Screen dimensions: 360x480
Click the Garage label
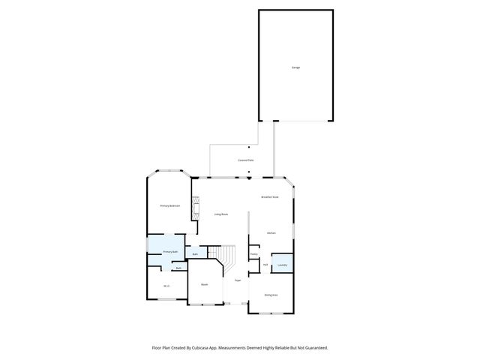(x=295, y=67)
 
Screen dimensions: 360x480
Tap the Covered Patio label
(x=245, y=160)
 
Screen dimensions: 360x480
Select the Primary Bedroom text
(x=169, y=205)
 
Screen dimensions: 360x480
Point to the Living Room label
(x=220, y=214)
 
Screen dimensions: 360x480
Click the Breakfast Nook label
(x=270, y=196)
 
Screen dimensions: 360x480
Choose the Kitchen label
(x=271, y=233)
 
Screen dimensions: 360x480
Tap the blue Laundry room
(x=282, y=265)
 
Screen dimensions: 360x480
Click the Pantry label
(x=254, y=253)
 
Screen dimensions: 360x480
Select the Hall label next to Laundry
(x=265, y=265)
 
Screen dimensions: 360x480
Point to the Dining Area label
(x=271, y=295)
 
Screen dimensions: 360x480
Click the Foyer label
(x=237, y=280)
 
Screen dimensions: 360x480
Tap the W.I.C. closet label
(x=166, y=286)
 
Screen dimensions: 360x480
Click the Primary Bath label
(x=170, y=251)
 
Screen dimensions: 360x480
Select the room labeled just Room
(x=204, y=284)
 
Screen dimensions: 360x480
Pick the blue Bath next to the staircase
(x=195, y=254)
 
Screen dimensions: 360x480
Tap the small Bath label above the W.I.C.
(x=178, y=268)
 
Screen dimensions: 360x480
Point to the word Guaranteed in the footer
(x=313, y=347)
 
